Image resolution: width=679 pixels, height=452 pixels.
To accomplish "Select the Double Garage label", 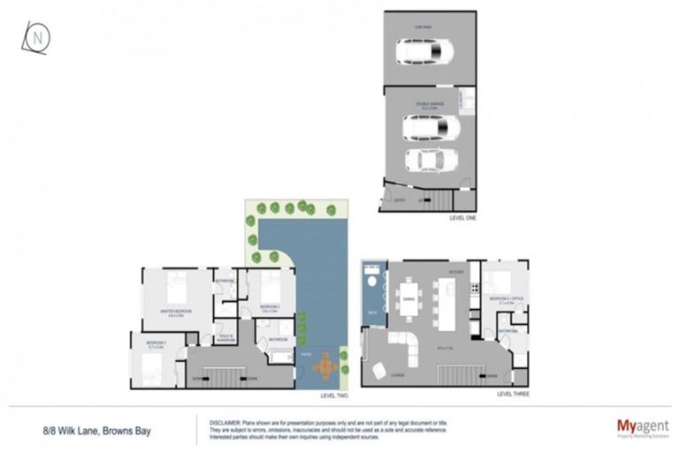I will click(431, 104).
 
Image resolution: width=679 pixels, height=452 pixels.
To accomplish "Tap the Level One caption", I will click(463, 217).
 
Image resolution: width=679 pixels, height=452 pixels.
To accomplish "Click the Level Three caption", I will click(511, 392).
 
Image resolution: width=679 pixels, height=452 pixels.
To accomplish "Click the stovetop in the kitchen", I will click(474, 288).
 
